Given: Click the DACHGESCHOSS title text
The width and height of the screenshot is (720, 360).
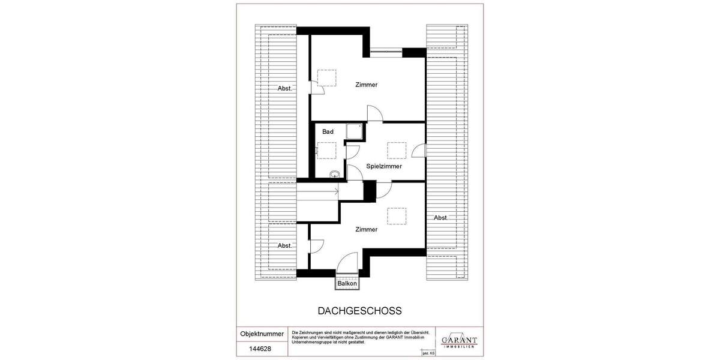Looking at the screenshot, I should click(359, 311).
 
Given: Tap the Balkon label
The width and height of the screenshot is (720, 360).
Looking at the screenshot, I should click(347, 283).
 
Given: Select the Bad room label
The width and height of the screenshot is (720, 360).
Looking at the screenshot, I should click(328, 131).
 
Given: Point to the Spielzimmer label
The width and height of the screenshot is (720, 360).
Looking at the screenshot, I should click(384, 166).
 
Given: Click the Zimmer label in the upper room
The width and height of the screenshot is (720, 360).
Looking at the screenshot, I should click(366, 85).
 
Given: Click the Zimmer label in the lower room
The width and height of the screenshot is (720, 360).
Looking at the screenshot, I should click(366, 229).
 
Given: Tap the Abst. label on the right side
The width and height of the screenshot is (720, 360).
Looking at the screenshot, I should click(441, 218).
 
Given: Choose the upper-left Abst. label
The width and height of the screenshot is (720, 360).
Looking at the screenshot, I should click(285, 88).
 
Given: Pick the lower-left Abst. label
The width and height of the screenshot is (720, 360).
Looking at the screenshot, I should click(285, 245).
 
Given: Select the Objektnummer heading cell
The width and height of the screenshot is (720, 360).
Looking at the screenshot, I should click(262, 333).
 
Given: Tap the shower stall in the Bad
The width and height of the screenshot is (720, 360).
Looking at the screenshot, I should click(354, 132).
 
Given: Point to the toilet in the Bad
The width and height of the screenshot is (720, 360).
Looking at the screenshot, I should click(334, 174).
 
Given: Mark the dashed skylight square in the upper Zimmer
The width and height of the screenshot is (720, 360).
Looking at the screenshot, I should click(327, 78).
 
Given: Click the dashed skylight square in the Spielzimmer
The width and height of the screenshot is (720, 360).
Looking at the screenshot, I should click(397, 150).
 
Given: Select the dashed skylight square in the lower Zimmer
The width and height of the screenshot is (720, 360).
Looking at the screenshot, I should click(397, 215).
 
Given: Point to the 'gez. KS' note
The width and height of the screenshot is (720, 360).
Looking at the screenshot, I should click(428, 354).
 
